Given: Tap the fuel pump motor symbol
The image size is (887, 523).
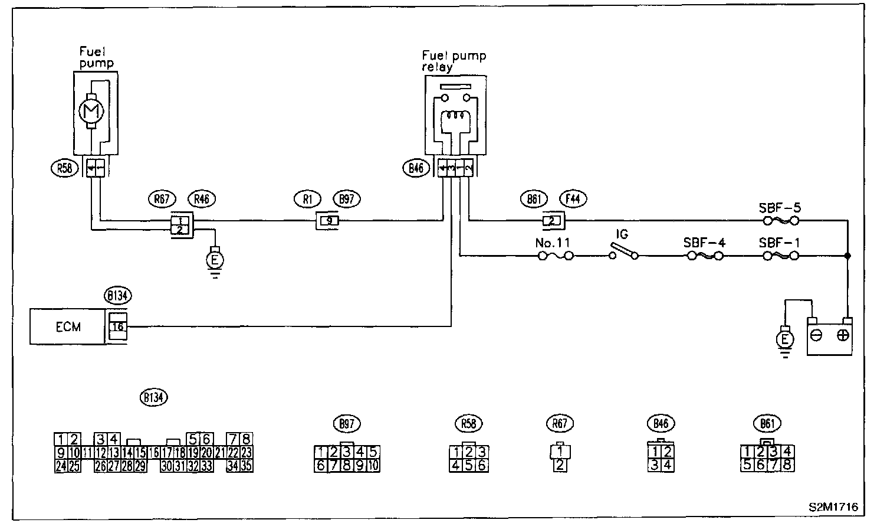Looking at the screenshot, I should pos(91,110).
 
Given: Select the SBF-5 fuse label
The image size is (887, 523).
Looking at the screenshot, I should pos(780,208).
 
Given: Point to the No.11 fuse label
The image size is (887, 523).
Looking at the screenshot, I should pos(552,242).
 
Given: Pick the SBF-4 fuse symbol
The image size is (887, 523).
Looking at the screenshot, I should pos(703,256).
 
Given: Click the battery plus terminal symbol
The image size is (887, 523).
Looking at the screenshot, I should pos(843,335).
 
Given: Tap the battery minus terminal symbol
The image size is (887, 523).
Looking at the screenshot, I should pos(817,335).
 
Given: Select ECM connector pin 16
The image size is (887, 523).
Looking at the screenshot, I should pos(117,326).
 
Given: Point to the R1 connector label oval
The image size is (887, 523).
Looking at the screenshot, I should pos(307,199).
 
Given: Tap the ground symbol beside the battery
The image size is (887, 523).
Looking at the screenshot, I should pos(784,341).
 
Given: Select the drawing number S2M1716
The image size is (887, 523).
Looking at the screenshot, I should pos(833,507).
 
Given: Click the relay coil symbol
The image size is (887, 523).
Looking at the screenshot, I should pos(456,117).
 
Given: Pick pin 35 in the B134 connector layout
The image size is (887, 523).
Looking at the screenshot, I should pos(247,465).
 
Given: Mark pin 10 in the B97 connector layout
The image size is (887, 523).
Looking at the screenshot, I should pos(374,465).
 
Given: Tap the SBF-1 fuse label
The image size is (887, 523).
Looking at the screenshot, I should pos(780,243).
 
